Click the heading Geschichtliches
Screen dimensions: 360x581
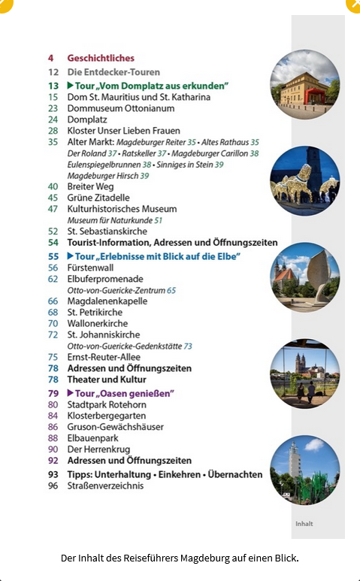tap(101, 58)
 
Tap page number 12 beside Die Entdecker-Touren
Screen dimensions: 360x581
tap(53, 72)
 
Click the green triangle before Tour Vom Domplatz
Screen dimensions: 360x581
tap(71, 86)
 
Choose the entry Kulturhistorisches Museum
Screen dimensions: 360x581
tap(122, 209)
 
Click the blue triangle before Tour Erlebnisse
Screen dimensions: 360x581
tap(71, 256)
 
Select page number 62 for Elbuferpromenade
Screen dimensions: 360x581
tap(53, 279)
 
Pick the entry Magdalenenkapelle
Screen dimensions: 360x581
tap(107, 301)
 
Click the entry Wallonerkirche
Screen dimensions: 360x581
tap(98, 323)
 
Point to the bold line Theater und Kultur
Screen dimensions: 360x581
tap(107, 380)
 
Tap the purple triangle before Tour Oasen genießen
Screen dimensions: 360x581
tap(71, 393)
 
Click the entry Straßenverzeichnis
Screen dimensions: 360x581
tap(105, 486)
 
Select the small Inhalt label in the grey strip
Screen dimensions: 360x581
tap(304, 524)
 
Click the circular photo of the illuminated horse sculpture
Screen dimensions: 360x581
tap(304, 181)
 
